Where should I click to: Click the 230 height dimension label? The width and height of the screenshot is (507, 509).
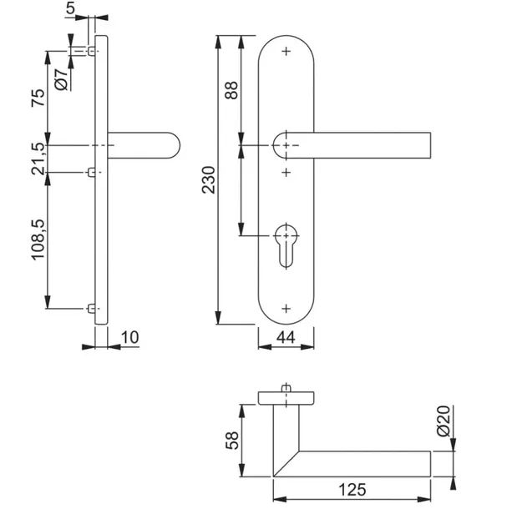tap(208, 180)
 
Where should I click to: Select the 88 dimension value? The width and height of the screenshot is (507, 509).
tap(231, 90)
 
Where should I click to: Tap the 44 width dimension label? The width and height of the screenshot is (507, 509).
tap(286, 337)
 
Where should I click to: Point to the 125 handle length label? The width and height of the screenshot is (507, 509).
tap(352, 489)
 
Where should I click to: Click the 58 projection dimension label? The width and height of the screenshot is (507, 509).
tap(232, 441)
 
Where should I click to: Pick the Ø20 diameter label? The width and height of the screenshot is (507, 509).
tap(444, 421)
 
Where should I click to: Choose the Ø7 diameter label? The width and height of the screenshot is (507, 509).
tap(62, 79)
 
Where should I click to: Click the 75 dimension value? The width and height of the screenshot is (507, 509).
tap(38, 98)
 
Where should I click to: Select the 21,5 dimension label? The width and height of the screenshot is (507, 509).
tap(38, 159)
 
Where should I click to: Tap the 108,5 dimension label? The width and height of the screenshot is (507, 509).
tap(38, 239)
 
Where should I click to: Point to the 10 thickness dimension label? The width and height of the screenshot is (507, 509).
tap(130, 337)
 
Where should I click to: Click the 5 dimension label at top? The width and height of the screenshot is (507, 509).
tap(70, 8)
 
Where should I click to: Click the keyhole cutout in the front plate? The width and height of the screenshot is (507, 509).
tap(286, 245)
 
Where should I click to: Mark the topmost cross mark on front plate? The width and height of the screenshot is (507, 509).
tap(286, 51)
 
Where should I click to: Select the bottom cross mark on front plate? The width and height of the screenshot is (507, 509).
tap(286, 309)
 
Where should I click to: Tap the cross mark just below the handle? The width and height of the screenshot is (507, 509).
tap(286, 172)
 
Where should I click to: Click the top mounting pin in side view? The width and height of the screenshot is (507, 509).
tap(92, 51)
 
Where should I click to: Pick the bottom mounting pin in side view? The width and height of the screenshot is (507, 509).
tap(92, 309)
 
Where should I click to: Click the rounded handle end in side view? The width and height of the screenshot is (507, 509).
tap(174, 145)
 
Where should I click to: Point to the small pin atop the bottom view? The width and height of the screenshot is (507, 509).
tap(286, 388)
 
